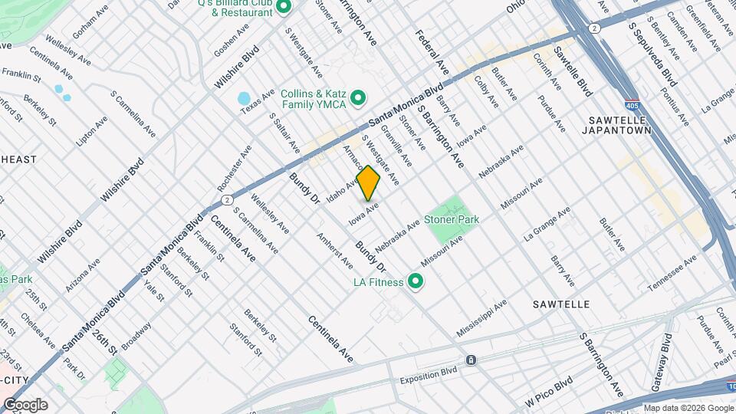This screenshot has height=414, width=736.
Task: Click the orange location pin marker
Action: [x=369, y=183]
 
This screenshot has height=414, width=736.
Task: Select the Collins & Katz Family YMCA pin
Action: [x=357, y=98]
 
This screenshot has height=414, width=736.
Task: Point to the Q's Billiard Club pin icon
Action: [x=283, y=8]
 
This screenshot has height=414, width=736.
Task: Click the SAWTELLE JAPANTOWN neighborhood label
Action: [x=620, y=126]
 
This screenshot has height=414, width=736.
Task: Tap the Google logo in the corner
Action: [x=25, y=405]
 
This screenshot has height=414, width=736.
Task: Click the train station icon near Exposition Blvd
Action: [x=471, y=360]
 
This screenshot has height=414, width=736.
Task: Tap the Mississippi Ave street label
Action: [x=481, y=318]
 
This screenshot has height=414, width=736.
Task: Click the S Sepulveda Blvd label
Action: [x=653, y=53]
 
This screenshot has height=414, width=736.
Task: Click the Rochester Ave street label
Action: [x=234, y=168]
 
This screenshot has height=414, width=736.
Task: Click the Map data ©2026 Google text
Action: [x=688, y=408]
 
